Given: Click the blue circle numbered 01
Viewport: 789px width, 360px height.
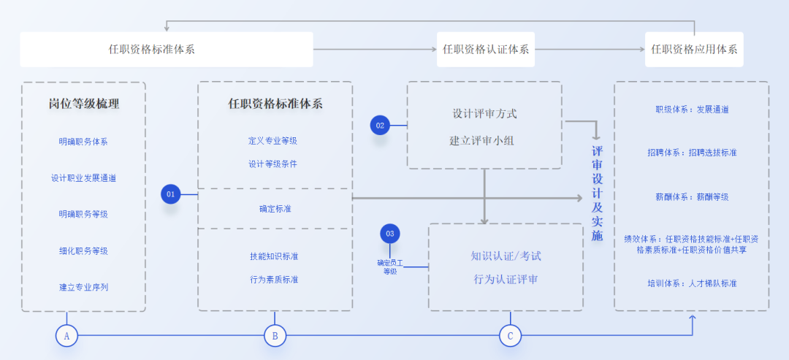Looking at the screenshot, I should point(171,194).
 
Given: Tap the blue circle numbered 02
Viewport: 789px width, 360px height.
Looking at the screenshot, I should point(380,126).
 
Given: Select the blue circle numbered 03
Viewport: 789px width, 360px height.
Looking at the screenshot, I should point(390,234).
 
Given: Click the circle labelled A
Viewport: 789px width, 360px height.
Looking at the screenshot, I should point(66,335).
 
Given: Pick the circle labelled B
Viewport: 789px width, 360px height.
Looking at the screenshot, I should point(275,335).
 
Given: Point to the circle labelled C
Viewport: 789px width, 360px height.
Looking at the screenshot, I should point(510,335).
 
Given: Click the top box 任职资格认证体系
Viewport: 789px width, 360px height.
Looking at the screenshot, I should point(486,50).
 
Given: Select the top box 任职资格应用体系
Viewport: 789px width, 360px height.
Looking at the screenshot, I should point(694,50).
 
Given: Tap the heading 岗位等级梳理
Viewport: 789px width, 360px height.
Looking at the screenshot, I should point(83,104).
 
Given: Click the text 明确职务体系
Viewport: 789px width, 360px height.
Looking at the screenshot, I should point(83,142).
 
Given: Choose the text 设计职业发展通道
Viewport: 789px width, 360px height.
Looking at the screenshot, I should point(83,178).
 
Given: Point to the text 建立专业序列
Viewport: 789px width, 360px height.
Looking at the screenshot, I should point(83,287).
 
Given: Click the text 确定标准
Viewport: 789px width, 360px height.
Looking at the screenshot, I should point(275,209).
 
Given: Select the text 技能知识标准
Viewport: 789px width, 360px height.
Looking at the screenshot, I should point(274,256).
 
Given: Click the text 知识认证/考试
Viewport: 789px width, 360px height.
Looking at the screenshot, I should point(506,256).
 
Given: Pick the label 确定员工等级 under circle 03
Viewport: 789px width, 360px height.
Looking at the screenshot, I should point(390,267).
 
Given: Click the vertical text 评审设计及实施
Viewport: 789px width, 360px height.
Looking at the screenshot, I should point(597,194).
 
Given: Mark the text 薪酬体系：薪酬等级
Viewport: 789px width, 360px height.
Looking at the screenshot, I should point(692,196).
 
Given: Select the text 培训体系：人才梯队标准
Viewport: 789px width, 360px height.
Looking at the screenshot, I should point(692,283).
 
